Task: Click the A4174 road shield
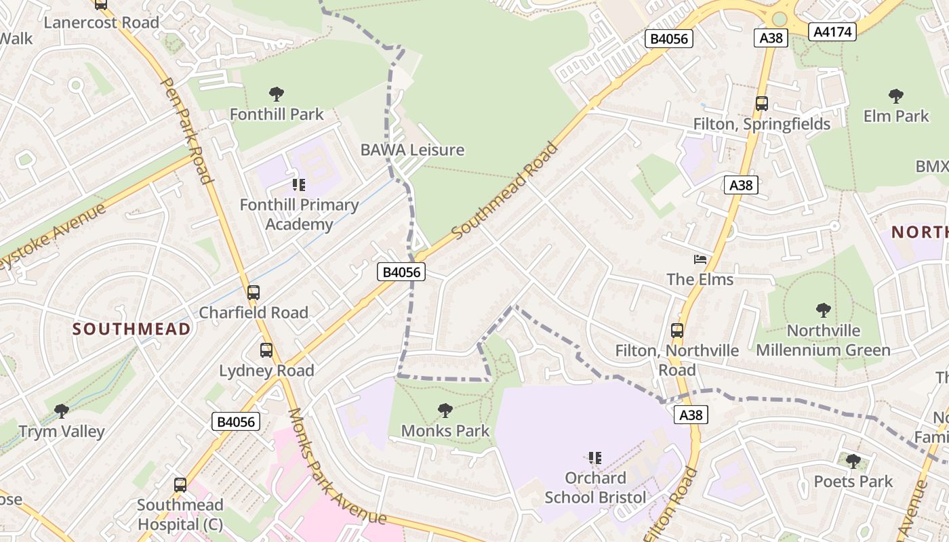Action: (x=833, y=31)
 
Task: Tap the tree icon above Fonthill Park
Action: (x=276, y=94)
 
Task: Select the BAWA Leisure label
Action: (x=412, y=150)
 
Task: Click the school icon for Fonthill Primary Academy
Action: (x=298, y=184)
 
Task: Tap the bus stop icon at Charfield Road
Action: (x=253, y=293)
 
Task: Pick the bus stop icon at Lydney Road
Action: (x=266, y=350)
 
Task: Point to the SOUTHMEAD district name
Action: (x=132, y=329)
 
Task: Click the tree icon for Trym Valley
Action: (x=62, y=411)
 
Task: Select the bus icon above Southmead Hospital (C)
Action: (x=180, y=485)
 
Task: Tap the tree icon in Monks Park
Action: (x=445, y=410)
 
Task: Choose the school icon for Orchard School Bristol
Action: (x=595, y=458)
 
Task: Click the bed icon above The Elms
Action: (x=700, y=259)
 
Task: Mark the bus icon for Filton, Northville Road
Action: (x=677, y=331)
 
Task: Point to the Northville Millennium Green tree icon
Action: (x=823, y=310)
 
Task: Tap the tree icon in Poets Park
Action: (x=853, y=461)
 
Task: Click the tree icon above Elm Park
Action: (x=895, y=96)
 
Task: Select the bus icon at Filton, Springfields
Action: (x=761, y=104)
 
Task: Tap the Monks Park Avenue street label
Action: (x=336, y=467)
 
